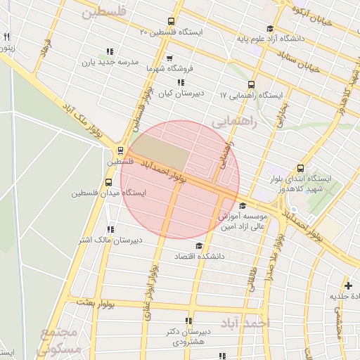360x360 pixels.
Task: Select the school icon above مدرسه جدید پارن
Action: pos(109,51)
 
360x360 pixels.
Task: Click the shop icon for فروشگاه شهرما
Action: pos(169,58)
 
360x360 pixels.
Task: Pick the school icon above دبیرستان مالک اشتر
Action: pos(110,229)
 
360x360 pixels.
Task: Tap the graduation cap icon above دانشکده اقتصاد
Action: pos(199,245)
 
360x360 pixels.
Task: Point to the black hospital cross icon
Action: pos(348,285)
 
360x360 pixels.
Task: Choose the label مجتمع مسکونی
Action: pos(62,340)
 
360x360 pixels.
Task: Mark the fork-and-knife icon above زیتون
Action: pos(7,37)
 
